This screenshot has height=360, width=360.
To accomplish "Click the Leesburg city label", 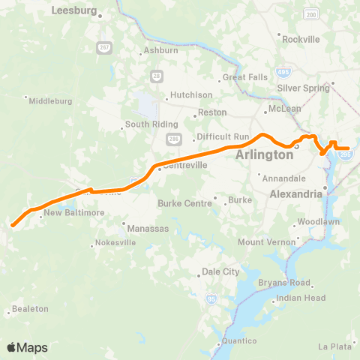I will (x=74, y=12).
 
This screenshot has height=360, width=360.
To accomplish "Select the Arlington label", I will (x=263, y=155).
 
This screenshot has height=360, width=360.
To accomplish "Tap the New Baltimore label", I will (x=73, y=213).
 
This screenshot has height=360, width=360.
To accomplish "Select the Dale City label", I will (x=220, y=272).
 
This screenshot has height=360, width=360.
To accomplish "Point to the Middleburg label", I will (x=50, y=101).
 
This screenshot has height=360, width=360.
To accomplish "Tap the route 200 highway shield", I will (x=310, y=14).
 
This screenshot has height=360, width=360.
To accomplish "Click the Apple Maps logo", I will (x=27, y=347).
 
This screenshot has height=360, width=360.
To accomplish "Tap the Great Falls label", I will (x=244, y=78).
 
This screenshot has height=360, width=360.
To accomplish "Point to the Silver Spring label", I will (x=303, y=88).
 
